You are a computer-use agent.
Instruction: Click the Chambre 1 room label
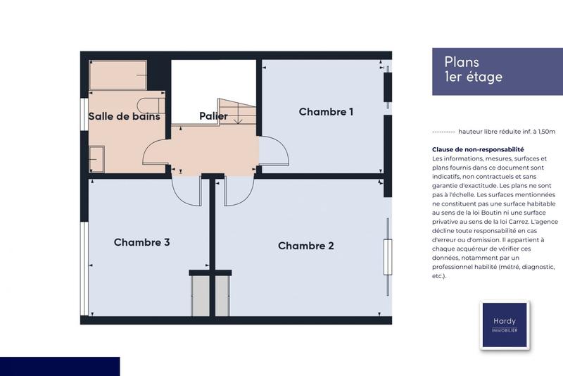[326, 111]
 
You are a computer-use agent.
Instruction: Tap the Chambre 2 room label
[305, 246]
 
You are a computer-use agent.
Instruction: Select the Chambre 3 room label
[141, 242]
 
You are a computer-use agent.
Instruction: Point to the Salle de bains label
[124, 116]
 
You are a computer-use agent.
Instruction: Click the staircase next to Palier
[237, 111]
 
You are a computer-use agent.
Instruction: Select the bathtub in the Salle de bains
[118, 74]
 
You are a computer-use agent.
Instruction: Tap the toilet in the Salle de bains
[151, 105]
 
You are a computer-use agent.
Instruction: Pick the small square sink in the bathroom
[96, 158]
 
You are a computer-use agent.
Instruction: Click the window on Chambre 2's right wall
[386, 246]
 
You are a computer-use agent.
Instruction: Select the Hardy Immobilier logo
[504, 325]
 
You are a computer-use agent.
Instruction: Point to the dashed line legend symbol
[443, 132]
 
